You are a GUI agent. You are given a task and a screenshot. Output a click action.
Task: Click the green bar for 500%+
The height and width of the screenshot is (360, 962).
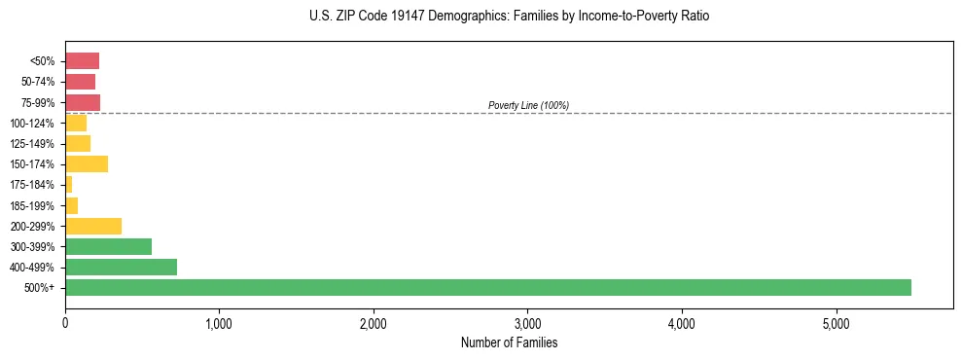pos(487,287)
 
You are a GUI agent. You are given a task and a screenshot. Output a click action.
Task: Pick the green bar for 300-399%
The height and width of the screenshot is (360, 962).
pos(108,246)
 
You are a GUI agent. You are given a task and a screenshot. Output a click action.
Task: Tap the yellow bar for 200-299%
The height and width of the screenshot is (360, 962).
pos(93,226)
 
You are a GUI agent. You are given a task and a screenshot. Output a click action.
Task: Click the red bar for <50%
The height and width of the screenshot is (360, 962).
pos(82,61)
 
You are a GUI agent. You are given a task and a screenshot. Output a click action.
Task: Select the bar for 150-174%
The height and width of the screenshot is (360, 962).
pos(87,163)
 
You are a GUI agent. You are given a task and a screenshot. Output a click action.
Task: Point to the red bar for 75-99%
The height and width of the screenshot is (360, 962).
pos(83,102)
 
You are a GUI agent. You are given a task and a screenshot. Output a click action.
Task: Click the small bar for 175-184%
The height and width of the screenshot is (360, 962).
pos(69,184)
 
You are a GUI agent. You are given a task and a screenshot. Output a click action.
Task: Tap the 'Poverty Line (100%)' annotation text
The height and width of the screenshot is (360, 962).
pos(528,105)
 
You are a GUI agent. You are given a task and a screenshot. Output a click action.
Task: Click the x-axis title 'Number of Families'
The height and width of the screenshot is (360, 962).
pos(509,342)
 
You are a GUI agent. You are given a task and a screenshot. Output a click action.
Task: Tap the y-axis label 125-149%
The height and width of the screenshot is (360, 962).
pos(32,144)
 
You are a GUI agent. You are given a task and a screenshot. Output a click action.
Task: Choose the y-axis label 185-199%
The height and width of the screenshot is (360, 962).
pos(32,205)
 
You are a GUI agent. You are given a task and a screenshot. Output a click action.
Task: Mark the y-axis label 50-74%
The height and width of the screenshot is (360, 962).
pos(37,83)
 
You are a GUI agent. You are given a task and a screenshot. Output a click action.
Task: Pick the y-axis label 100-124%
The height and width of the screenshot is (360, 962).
pos(32,124)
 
